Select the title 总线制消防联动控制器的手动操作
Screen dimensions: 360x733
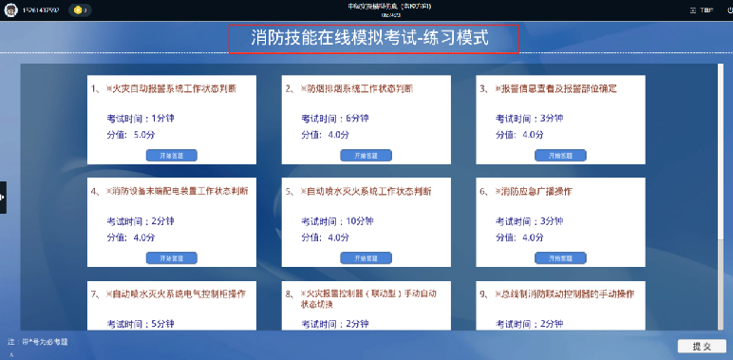point(568,294)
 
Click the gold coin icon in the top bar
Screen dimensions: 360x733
point(76,9)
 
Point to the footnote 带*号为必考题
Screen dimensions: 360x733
point(45,341)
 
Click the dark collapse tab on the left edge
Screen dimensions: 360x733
point(3,197)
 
